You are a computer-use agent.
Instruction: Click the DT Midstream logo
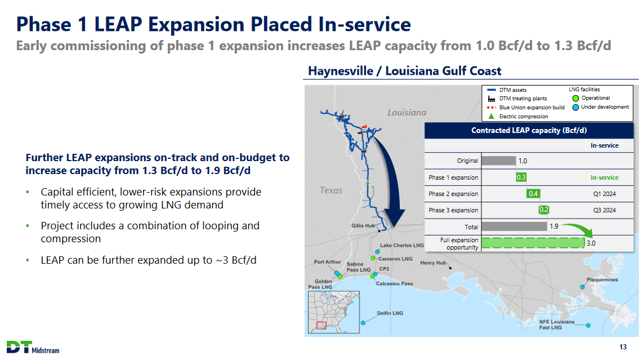[33, 347]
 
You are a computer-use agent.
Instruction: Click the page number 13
[623, 347]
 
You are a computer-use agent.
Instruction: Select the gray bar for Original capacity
[499, 161]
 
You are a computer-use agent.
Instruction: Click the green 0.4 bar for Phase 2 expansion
[533, 193]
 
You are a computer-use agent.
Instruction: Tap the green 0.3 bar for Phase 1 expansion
[521, 177]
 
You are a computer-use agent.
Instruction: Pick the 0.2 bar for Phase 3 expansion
[543, 210]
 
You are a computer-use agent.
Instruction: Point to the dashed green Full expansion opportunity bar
[533, 243]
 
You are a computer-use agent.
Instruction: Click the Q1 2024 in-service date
[605, 194]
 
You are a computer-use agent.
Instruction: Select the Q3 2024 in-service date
[605, 210]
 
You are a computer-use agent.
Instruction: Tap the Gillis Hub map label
[363, 225]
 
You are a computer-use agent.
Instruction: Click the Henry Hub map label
[432, 263]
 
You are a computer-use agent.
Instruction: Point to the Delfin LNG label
[390, 313]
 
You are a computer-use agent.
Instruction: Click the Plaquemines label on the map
[602, 279]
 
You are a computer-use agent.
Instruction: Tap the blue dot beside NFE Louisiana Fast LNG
[588, 325]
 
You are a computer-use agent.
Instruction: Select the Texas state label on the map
[331, 190]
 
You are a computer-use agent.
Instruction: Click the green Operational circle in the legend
[575, 98]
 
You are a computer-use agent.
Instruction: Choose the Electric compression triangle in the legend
[492, 116]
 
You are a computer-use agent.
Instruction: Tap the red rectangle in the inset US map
[321, 326]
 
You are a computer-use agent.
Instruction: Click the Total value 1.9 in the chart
[553, 226]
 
